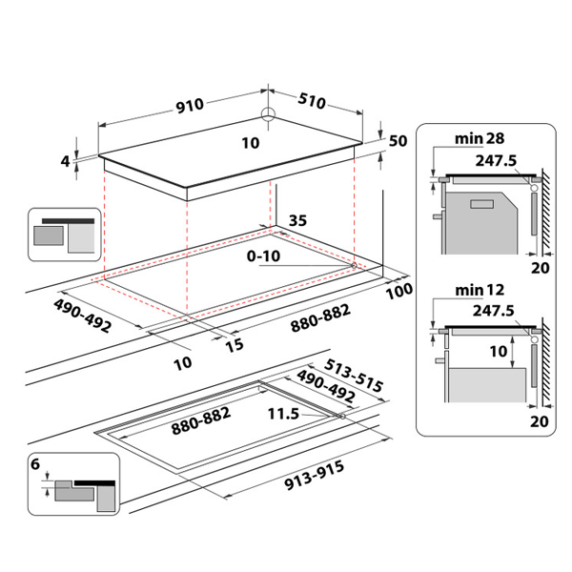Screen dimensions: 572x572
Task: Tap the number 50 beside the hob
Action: pos(398,140)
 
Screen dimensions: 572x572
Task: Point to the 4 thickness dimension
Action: pos(66,161)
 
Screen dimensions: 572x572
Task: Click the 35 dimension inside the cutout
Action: pos(297,220)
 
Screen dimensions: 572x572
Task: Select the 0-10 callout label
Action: pos(263,256)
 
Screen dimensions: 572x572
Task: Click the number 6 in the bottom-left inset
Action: pos(35,467)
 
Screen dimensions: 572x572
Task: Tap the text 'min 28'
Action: pos(479,140)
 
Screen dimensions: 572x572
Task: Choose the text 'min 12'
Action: pos(479,288)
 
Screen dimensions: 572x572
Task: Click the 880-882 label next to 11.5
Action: pos(201,428)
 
